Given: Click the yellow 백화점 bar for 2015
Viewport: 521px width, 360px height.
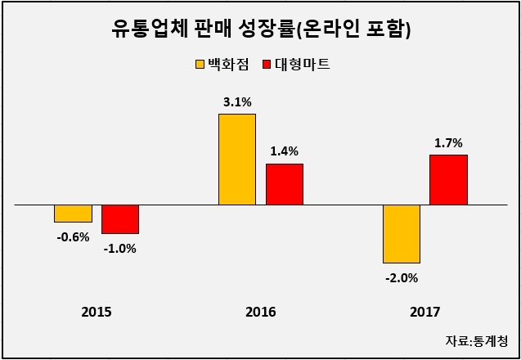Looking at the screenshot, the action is [73, 214].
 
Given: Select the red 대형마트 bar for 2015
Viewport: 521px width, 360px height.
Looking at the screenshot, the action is [120, 219].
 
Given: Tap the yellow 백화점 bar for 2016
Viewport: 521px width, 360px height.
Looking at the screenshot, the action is [237, 160].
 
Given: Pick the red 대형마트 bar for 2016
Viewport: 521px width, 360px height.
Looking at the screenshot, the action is [285, 184].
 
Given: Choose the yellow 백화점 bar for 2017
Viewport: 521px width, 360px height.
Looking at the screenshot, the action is [402, 234].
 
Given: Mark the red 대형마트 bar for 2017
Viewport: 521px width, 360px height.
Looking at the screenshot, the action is [448, 180].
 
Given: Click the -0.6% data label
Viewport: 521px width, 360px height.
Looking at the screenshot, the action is [73, 237].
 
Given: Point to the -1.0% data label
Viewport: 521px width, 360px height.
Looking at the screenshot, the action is [120, 249].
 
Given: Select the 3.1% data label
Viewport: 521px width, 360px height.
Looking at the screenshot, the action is [237, 103].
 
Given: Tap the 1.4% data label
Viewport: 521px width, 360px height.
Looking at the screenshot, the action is [284, 151].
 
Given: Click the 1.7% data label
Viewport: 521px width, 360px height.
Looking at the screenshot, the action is [448, 143].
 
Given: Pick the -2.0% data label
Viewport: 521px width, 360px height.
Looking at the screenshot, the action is [402, 278].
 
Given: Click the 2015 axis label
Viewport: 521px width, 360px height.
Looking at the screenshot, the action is [97, 313].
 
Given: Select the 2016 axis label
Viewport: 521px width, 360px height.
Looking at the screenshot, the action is [261, 313].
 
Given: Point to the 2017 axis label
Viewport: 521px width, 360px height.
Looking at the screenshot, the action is [425, 313].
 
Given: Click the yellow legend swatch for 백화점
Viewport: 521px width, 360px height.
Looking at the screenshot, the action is [200, 65].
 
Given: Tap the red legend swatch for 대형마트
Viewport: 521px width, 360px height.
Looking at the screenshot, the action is [267, 65].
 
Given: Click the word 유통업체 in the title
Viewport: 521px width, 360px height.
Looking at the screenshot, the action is [146, 29].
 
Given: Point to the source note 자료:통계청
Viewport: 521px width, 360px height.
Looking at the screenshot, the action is [477, 341].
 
